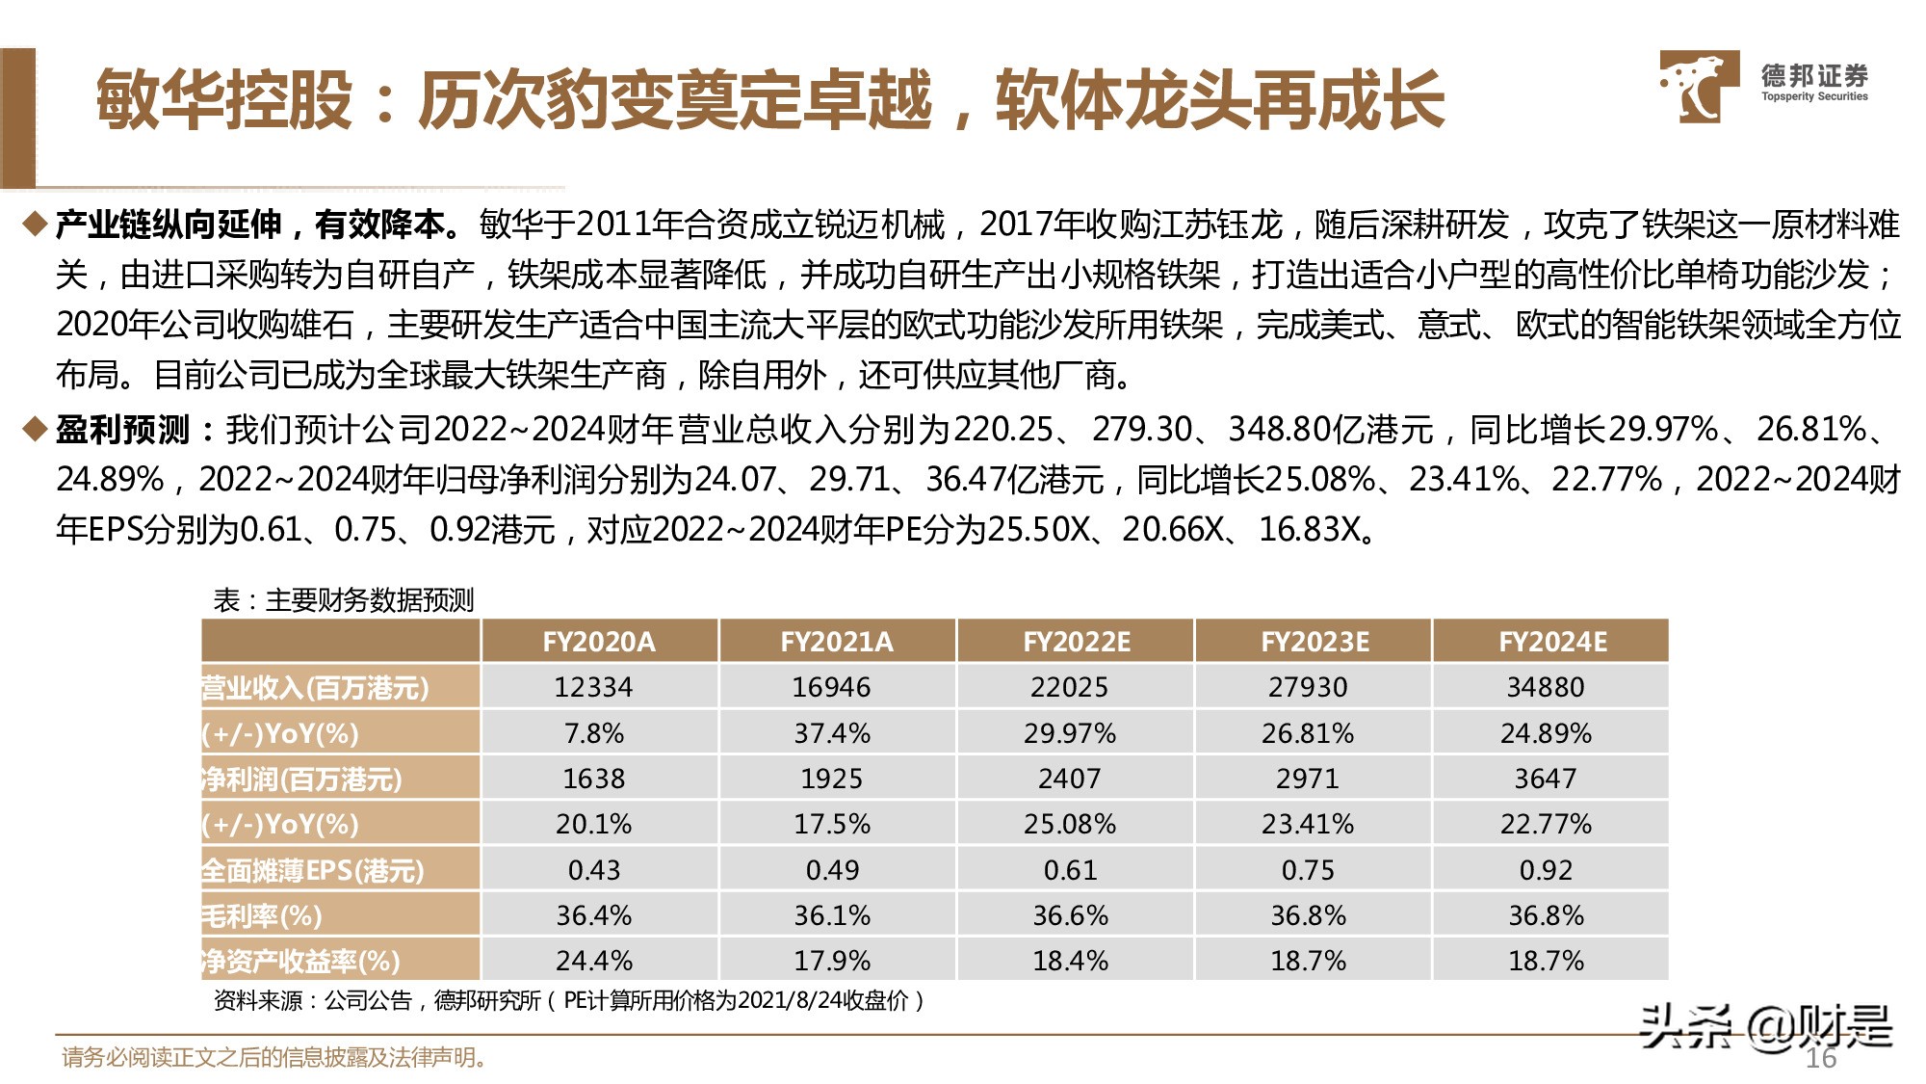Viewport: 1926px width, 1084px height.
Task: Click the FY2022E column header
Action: [x=1076, y=642]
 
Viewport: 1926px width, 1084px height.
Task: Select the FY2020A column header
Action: [x=598, y=642]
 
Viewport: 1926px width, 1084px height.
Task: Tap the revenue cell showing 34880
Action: [x=1546, y=687]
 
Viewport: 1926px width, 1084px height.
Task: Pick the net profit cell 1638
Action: [x=593, y=779]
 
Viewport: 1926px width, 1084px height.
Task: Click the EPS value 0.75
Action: [x=1308, y=870]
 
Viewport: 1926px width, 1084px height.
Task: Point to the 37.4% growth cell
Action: [x=832, y=733]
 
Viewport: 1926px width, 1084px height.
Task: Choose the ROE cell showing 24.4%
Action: [x=593, y=961]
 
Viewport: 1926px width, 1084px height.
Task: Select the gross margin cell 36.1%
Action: [x=832, y=915]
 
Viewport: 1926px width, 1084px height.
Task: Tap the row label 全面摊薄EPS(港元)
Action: [x=313, y=870]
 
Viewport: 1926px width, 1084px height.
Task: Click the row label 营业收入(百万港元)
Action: [x=316, y=687]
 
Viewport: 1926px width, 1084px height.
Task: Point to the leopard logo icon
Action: [x=1698, y=87]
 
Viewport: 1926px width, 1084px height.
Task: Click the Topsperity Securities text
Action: [x=1814, y=96]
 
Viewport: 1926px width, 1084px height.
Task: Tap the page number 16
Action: [x=1820, y=1058]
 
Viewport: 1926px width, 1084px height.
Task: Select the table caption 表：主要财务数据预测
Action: [x=344, y=600]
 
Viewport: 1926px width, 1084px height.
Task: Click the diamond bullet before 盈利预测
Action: [x=35, y=429]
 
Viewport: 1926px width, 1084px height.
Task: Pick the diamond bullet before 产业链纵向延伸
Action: [x=35, y=225]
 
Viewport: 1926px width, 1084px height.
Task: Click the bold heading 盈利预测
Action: [x=122, y=429]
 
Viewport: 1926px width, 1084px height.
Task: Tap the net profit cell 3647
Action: [x=1546, y=779]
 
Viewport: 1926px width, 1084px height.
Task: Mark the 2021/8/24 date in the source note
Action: [x=788, y=1000]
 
